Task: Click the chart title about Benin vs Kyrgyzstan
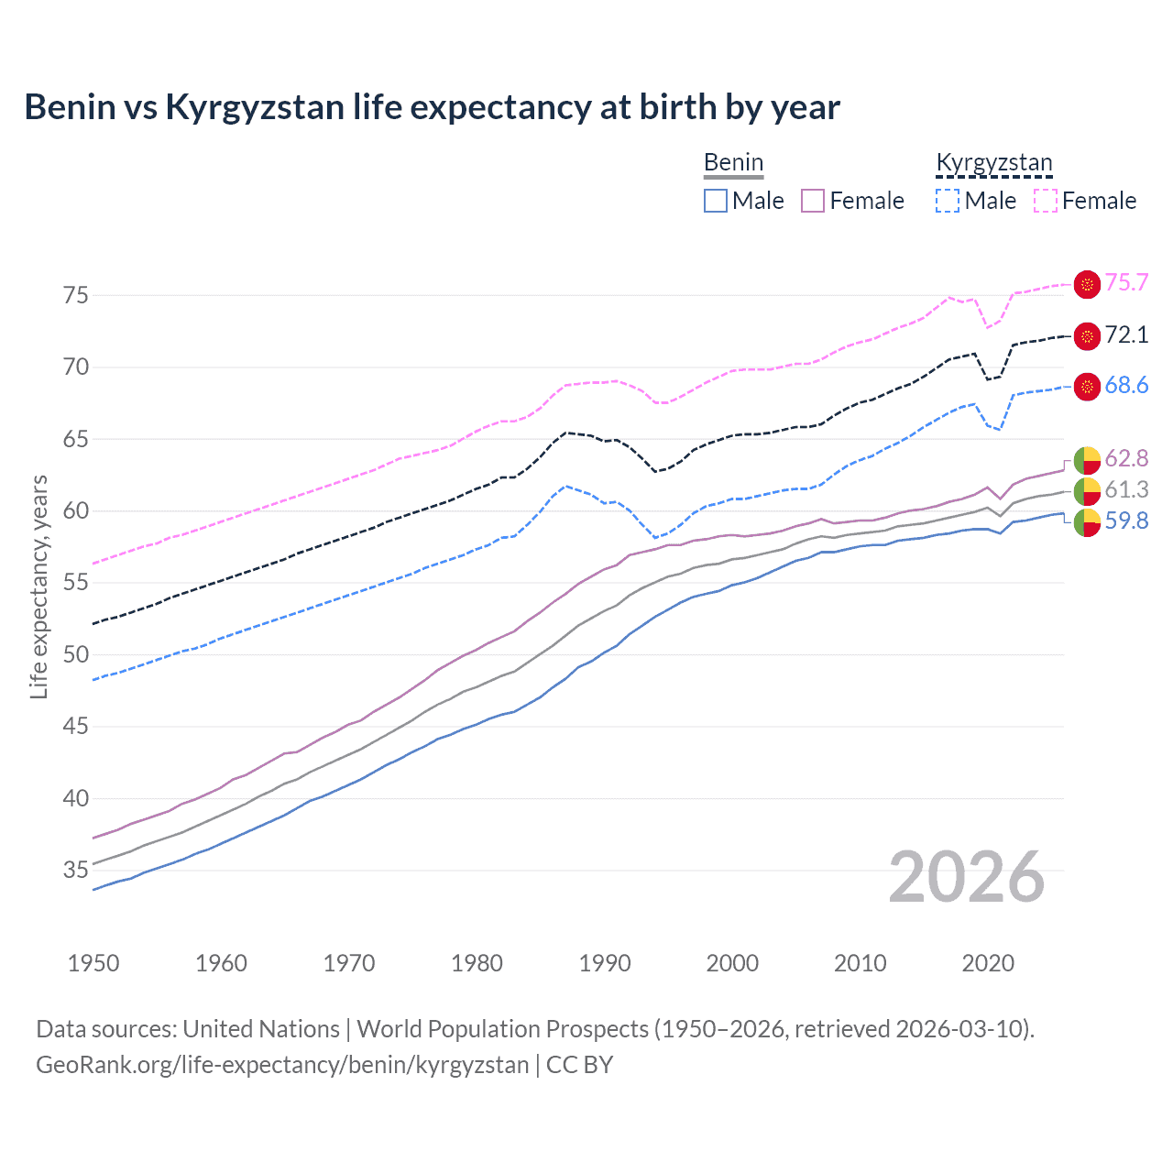(432, 107)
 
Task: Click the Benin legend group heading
(733, 163)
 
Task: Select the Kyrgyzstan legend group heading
(993, 163)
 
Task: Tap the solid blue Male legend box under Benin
(716, 201)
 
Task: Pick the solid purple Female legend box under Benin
(813, 201)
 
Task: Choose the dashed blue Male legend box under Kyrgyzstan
(948, 201)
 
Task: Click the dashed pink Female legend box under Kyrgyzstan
(1046, 201)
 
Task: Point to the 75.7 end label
(1126, 283)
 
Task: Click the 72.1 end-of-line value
(1126, 335)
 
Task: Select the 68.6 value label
(1126, 386)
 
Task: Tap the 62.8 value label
(1126, 458)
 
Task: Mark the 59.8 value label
(1126, 521)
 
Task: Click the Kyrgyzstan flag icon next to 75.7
(1087, 284)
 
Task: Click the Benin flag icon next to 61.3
(1087, 491)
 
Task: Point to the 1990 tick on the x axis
(605, 963)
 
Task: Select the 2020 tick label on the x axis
(988, 963)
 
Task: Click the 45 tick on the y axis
(76, 727)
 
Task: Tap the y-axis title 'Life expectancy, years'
(38, 586)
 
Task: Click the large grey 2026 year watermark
(966, 878)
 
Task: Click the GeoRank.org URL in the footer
(282, 1065)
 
